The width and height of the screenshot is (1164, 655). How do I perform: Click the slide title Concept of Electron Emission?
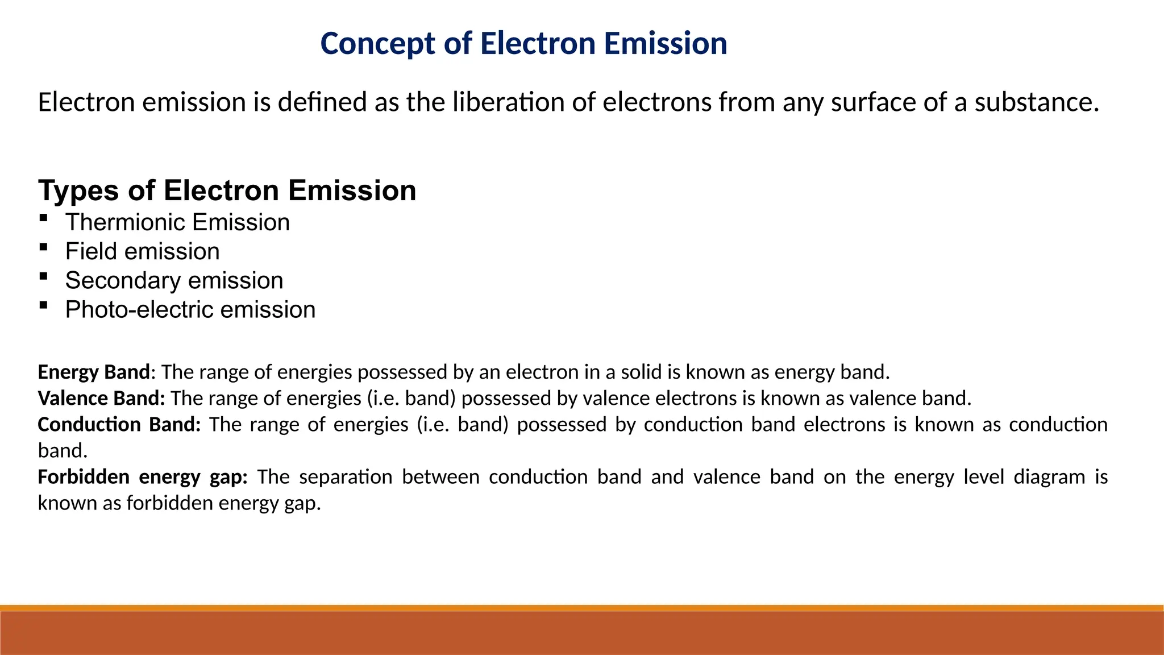(523, 44)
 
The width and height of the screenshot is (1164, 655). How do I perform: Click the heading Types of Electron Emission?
(227, 190)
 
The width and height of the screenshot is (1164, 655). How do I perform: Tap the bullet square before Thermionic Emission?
(43, 218)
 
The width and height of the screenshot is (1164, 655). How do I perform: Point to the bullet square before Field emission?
(43, 247)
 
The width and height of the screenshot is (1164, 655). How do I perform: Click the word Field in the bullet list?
(90, 251)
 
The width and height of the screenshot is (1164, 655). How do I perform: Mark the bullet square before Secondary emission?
(43, 276)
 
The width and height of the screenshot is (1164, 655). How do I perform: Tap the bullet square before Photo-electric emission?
(43, 305)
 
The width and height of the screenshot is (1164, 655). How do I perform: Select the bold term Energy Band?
(93, 372)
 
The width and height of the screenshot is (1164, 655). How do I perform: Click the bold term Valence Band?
(101, 398)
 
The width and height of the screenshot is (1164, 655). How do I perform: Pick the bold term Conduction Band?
(119, 424)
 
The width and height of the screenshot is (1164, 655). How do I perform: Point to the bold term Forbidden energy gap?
(142, 476)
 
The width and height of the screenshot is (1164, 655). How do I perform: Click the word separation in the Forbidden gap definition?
(346, 476)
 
